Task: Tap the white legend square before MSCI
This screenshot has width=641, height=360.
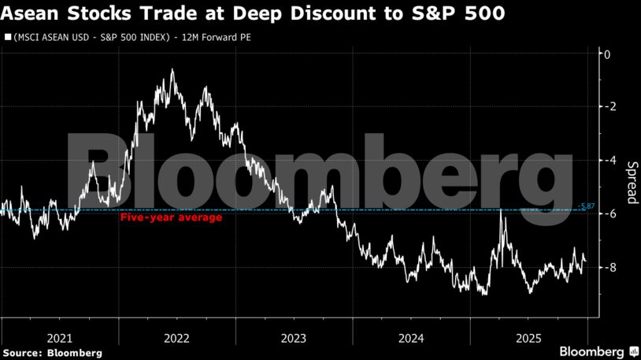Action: tap(8, 37)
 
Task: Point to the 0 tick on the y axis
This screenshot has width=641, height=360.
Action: tap(606, 54)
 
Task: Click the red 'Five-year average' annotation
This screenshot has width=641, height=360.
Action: tap(171, 217)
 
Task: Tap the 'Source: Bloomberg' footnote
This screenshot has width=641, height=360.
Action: tap(52, 352)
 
